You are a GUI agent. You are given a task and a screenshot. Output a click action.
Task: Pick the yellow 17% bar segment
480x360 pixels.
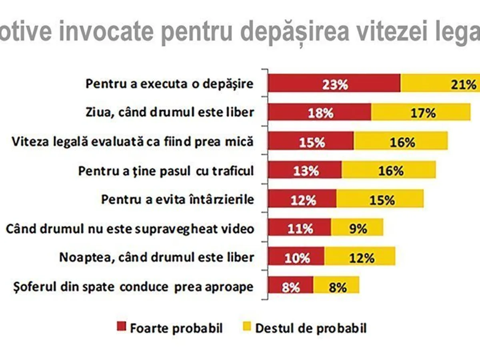421,113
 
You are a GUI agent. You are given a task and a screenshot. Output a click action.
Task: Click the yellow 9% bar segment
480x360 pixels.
357,228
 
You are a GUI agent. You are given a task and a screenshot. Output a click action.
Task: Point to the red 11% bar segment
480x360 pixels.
299,228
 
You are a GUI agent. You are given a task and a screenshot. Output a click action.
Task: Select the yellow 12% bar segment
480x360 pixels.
360,257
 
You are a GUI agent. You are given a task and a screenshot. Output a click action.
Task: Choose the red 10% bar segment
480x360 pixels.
296,257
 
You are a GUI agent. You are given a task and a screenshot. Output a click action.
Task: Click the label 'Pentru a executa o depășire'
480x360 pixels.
170,84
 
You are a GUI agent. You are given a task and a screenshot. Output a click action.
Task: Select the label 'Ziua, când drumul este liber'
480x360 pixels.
170,112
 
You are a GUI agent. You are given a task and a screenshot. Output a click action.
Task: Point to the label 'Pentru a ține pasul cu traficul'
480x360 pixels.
166,171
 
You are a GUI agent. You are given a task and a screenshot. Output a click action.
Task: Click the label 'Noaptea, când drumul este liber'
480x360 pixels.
156,257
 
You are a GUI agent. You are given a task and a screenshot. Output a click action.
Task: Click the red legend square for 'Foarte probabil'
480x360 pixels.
121,327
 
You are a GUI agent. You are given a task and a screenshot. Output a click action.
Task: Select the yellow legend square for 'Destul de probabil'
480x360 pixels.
247,327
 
